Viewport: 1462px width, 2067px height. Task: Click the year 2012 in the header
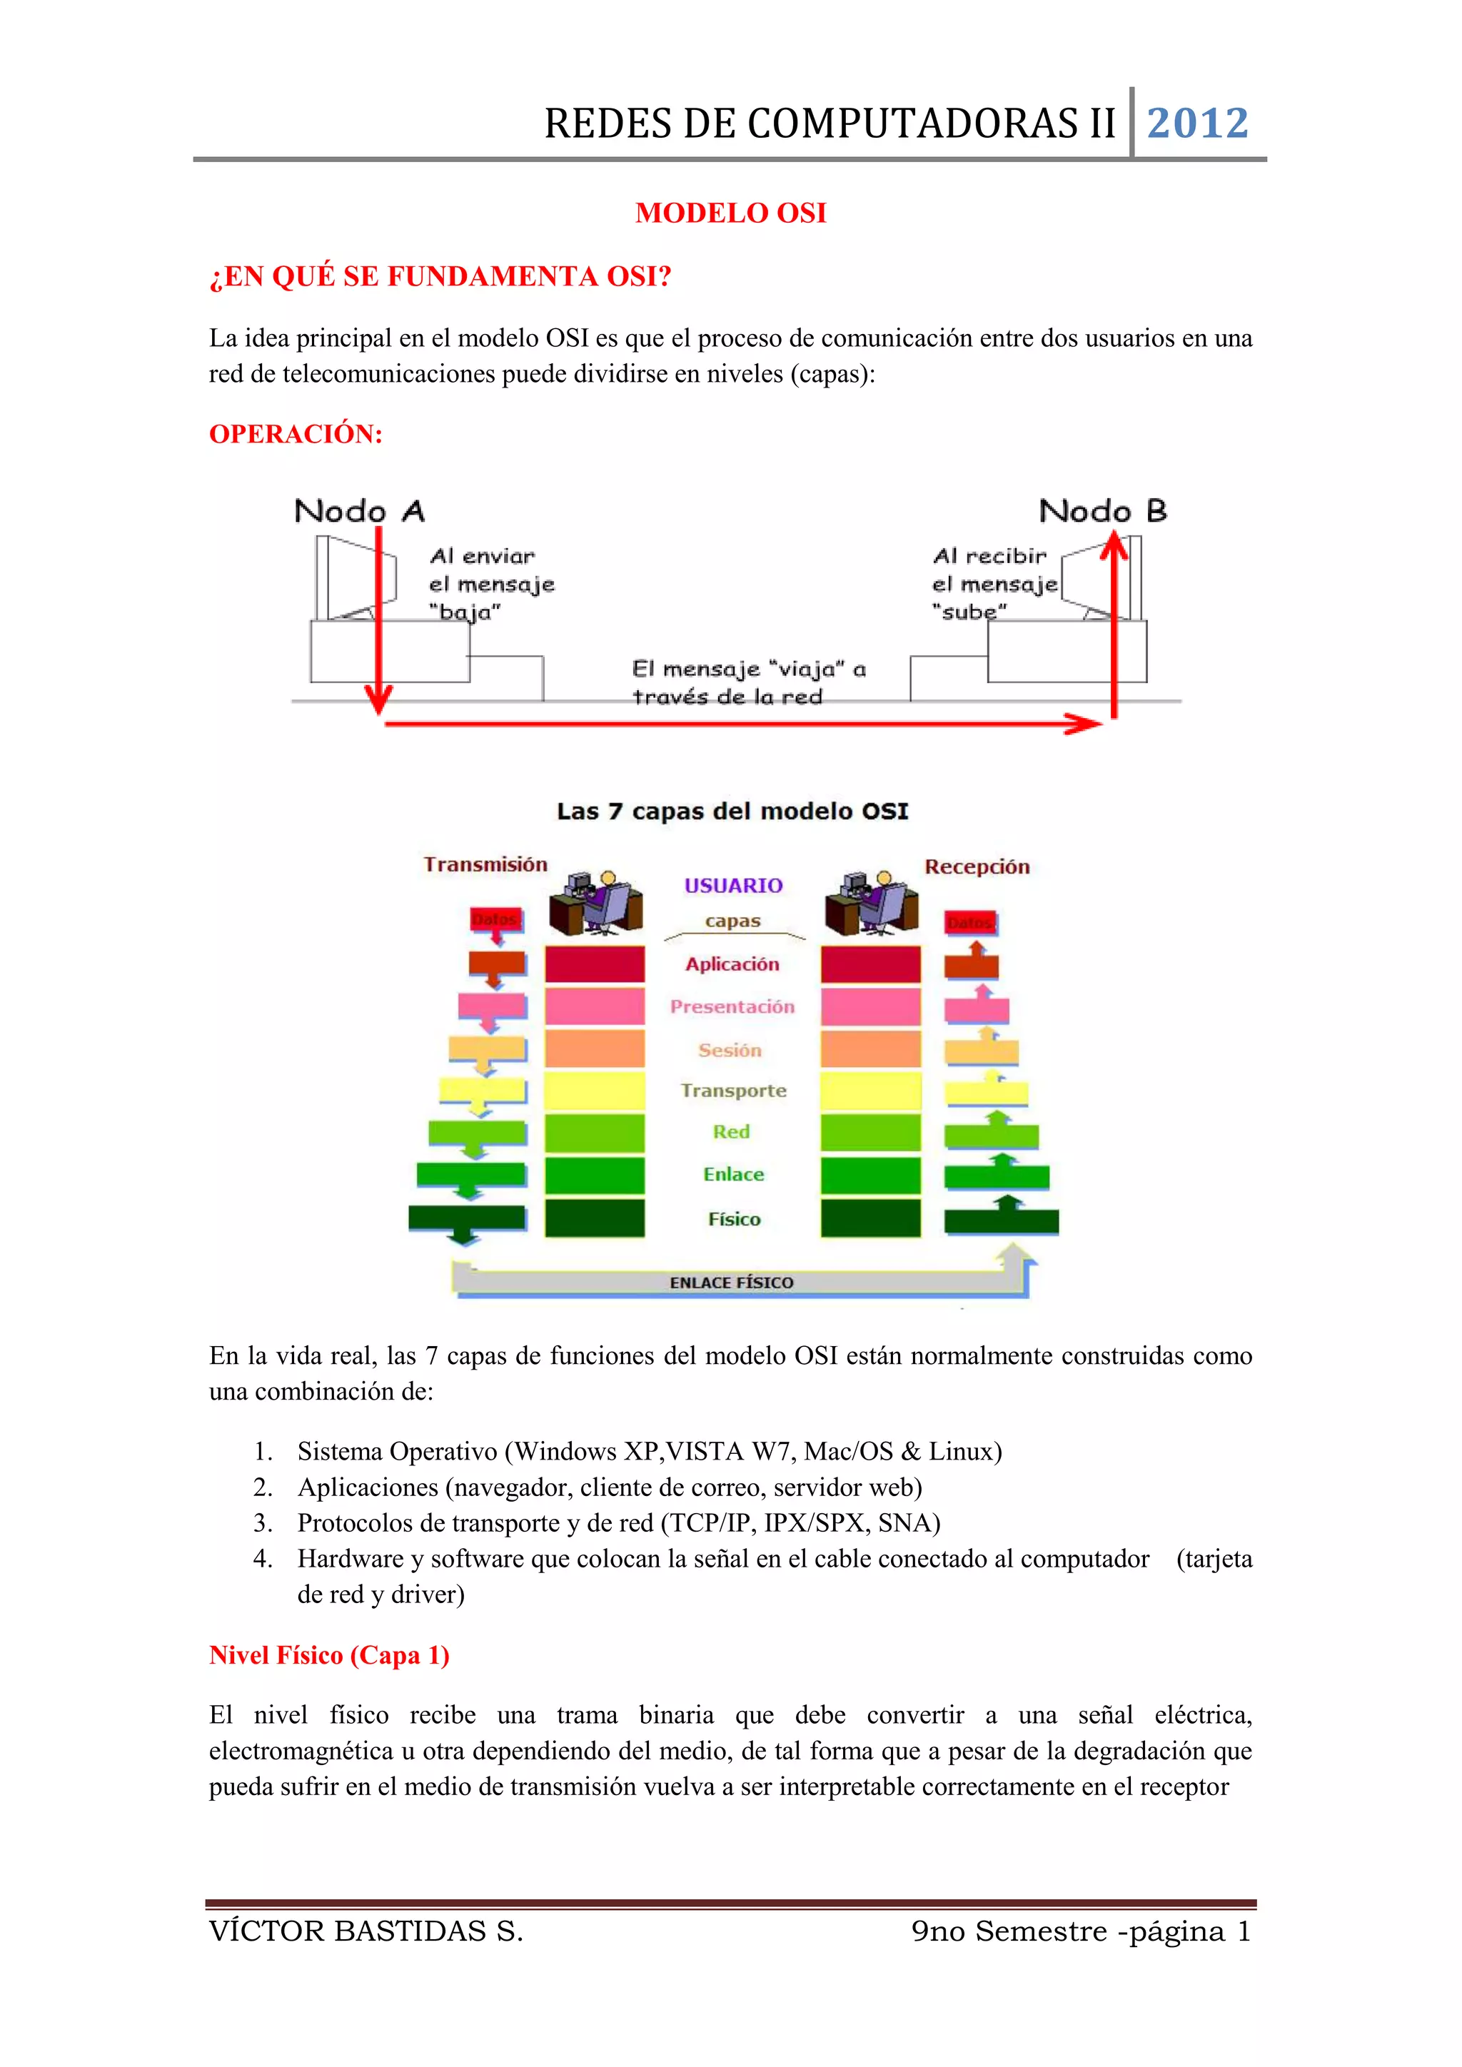1197,123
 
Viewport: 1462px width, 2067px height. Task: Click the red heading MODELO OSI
730,213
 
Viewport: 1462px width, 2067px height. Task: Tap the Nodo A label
359,511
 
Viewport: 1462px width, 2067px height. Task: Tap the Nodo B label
1103,511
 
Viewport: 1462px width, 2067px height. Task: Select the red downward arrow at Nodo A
379,621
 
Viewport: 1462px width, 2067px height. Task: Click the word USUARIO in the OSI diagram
733,886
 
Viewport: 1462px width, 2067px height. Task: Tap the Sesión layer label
730,1050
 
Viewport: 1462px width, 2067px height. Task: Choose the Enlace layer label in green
733,1174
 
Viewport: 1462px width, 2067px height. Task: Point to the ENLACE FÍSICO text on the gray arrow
731,1282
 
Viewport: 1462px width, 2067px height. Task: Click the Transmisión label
485,864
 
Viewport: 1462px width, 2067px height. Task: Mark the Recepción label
977,867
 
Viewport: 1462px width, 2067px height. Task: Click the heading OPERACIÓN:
296,434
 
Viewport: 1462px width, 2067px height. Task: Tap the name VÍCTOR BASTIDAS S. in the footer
365,1931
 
